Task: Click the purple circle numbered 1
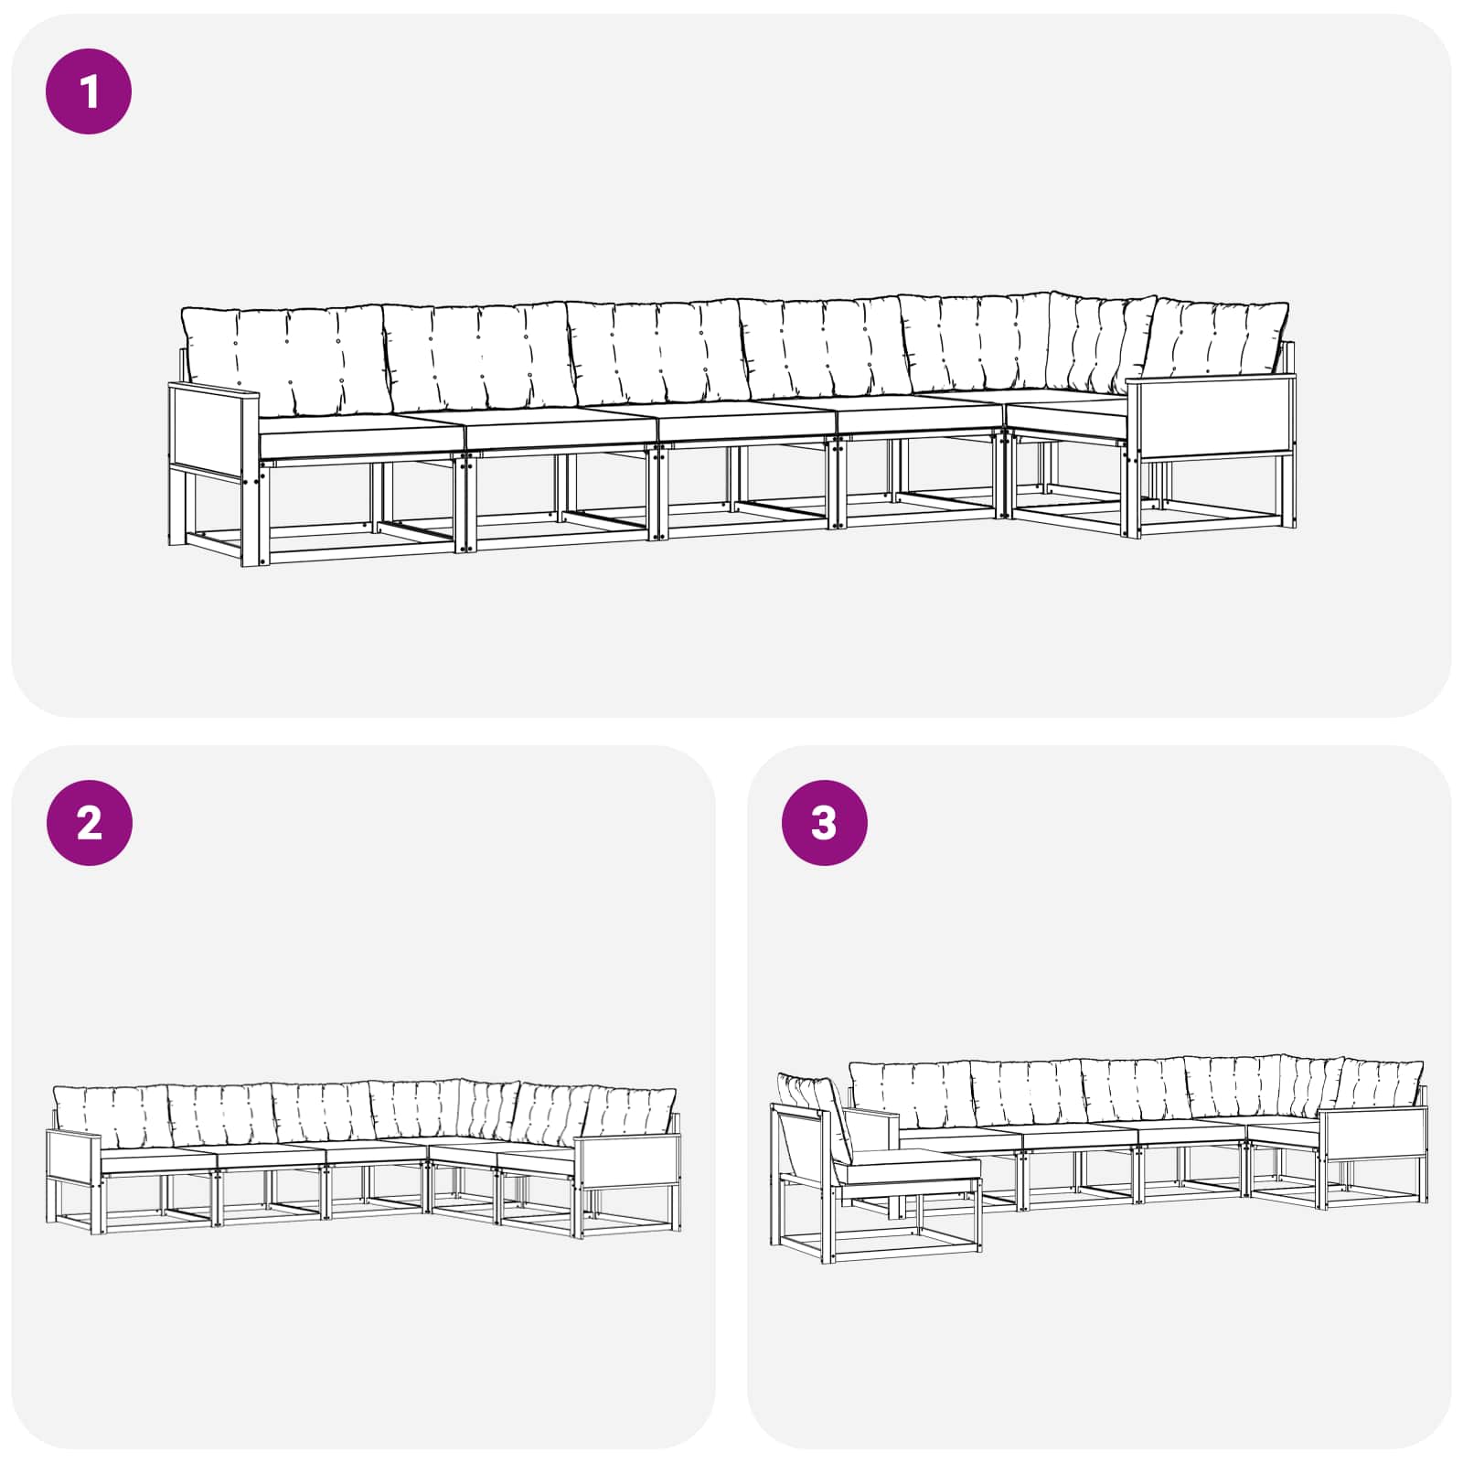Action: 89,91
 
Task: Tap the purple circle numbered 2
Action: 89,823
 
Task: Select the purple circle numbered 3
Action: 824,823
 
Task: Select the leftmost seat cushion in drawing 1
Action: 361,433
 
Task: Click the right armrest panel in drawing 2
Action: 628,1161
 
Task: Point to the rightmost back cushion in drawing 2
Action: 631,1111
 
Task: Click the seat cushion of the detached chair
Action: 907,1169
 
